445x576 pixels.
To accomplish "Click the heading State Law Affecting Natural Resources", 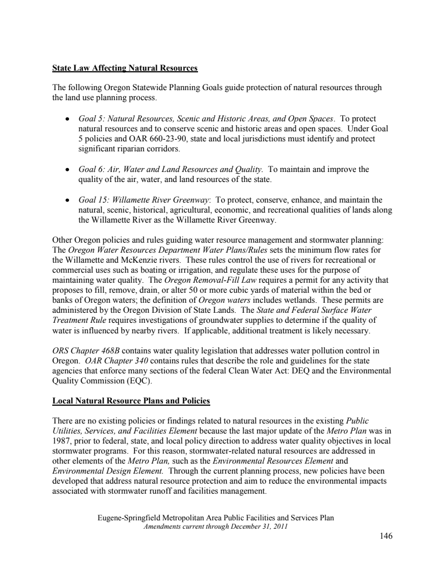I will [125, 68].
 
